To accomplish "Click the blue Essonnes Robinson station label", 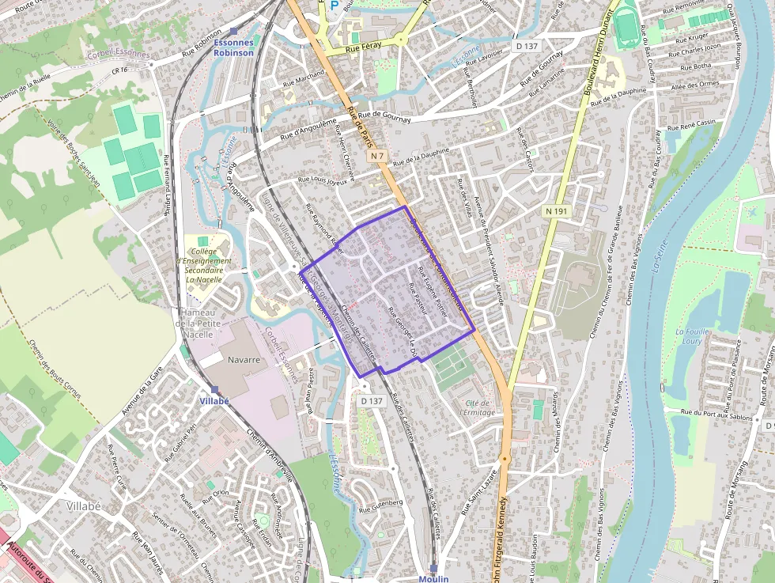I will [x=233, y=48].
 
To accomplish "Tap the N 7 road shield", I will [x=376, y=156].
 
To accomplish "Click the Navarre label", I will [x=244, y=359].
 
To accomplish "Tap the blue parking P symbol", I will [x=334, y=6].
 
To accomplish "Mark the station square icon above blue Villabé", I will [x=214, y=389].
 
